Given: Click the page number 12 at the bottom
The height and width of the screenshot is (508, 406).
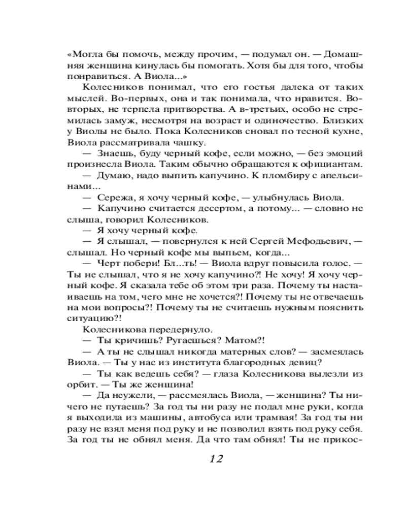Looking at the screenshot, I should pyautogui.click(x=216, y=459).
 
